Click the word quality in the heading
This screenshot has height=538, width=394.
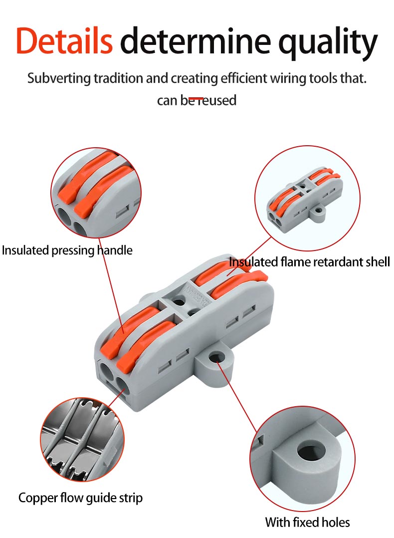[328, 42]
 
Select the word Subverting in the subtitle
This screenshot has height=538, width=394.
[56, 78]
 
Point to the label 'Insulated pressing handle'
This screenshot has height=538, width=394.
[67, 250]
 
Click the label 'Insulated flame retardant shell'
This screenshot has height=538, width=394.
[309, 262]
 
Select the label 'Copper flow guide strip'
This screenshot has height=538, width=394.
[80, 498]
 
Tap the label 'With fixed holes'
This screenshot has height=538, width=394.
[307, 523]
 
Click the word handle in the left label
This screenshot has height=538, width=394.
[115, 250]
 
